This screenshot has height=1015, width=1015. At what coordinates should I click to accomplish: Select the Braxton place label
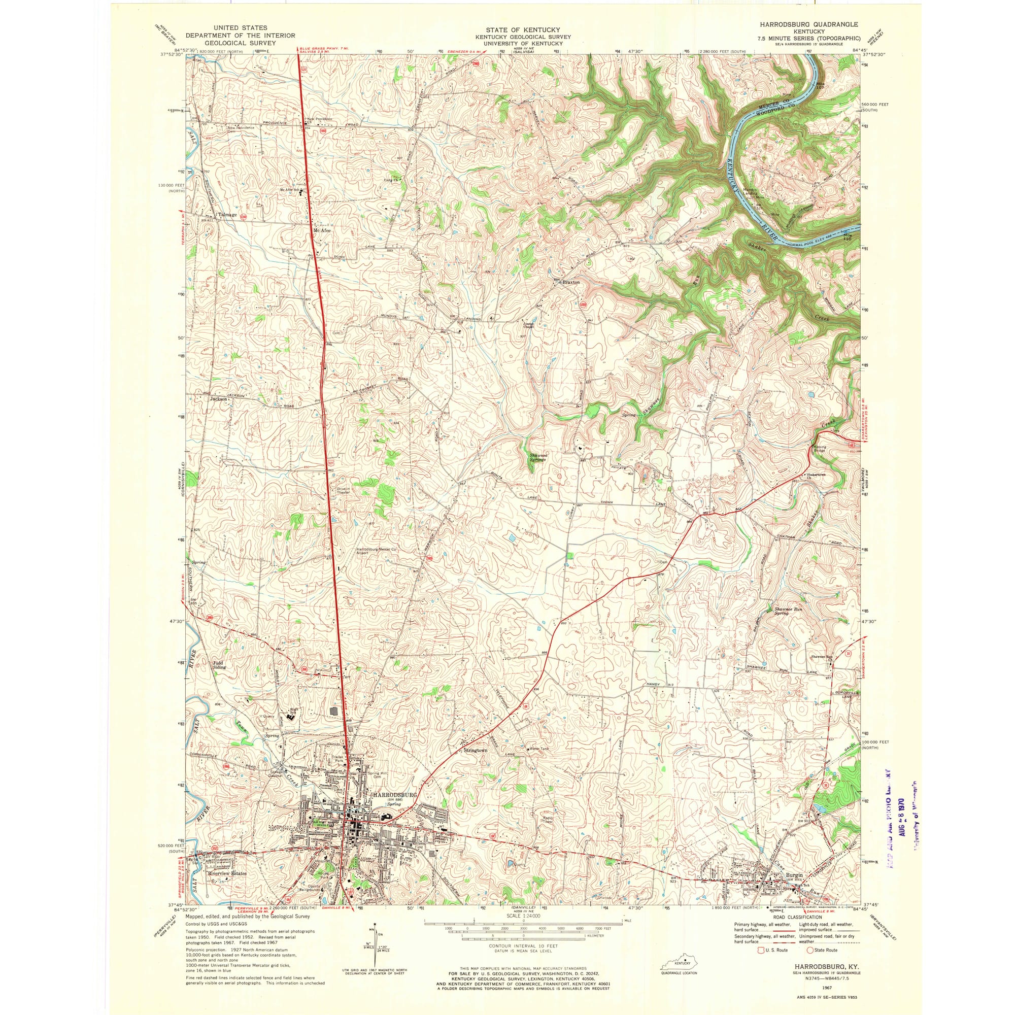coord(571,282)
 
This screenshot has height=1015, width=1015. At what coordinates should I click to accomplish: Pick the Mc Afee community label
coord(321,230)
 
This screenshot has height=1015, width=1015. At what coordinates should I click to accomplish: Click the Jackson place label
coord(219,399)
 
